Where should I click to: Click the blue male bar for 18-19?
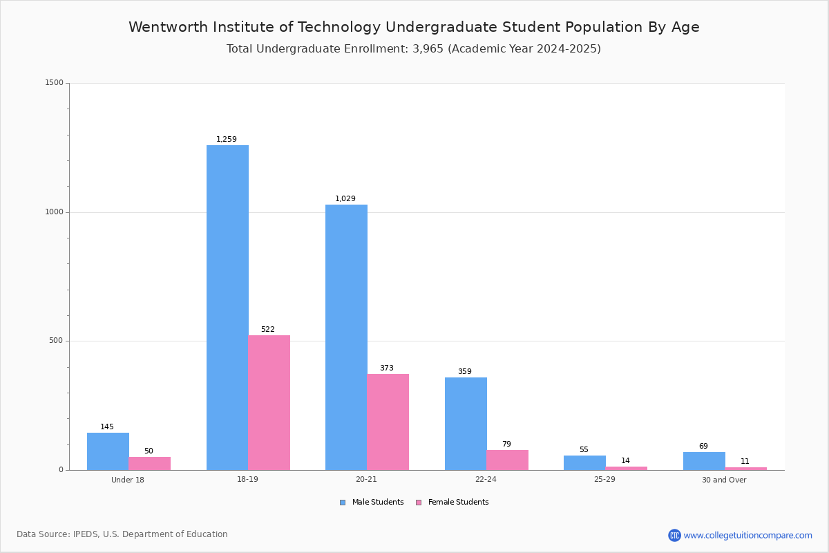227,308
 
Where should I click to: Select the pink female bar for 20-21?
388,422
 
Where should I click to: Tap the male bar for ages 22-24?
466,424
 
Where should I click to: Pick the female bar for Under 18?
149,463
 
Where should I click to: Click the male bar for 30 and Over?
704,461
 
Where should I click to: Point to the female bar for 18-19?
269,402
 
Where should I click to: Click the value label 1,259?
227,139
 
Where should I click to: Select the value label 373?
387,368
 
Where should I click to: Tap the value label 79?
506,444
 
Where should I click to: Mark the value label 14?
625,460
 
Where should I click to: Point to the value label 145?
107,427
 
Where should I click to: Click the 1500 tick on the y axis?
54,83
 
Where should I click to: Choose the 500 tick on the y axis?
56,341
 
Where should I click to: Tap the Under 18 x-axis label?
128,480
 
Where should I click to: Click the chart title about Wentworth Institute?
414,27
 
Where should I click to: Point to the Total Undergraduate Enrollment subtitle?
414,49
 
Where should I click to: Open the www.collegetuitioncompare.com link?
747,535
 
